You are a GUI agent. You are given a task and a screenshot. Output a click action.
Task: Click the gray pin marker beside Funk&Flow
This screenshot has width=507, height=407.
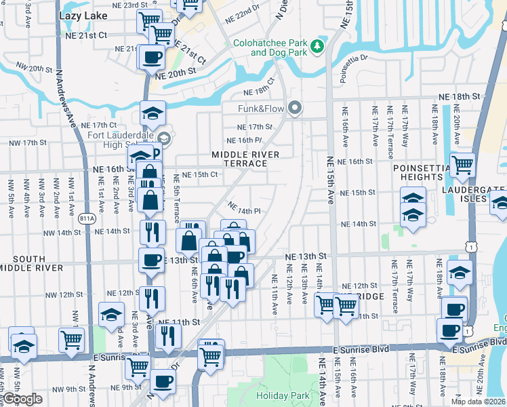(x=294, y=108)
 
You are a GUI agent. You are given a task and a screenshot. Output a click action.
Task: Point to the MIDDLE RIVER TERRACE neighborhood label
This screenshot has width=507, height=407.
(x=245, y=159)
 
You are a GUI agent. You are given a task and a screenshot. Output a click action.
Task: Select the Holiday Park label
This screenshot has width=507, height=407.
(x=283, y=395)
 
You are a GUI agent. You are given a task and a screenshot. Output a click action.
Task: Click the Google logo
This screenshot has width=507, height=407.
(x=22, y=399)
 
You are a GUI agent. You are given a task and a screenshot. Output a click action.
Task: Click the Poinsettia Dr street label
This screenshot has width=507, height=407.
(x=353, y=59)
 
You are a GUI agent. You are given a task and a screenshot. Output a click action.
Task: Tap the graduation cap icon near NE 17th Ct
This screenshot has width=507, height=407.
(x=153, y=113)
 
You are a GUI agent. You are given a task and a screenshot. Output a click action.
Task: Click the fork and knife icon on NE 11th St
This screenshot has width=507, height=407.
(x=167, y=335)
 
